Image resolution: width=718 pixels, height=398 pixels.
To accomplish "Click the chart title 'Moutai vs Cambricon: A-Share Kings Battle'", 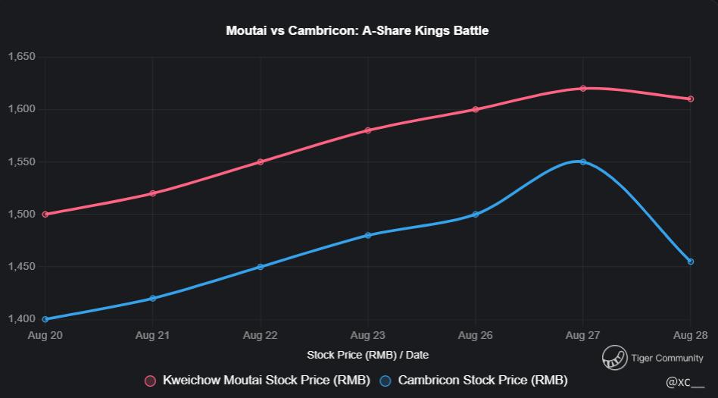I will tap(357, 31).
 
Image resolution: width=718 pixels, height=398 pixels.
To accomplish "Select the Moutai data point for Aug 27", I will tap(583, 89).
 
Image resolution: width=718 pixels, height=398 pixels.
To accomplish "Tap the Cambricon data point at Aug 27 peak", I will tap(583, 161).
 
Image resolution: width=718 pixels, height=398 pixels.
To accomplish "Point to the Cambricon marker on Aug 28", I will tap(691, 262).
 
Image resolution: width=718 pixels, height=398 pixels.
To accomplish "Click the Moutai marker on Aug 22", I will tap(261, 161).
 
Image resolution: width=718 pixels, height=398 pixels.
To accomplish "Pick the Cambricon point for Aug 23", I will tap(368, 235).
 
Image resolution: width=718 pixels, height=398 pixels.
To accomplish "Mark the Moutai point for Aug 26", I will tap(476, 109).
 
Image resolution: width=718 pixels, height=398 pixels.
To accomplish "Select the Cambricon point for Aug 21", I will tap(153, 298).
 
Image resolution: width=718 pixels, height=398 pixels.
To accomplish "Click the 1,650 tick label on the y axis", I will tap(22, 57).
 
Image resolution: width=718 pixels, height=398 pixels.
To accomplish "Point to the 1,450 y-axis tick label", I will tap(22, 267).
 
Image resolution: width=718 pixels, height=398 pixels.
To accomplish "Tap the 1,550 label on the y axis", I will tap(22, 162).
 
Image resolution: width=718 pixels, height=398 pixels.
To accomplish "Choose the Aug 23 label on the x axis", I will tap(368, 335).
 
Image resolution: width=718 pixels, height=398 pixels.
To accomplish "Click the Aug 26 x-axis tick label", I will tap(476, 335).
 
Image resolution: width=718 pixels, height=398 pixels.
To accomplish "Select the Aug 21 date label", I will tap(153, 335).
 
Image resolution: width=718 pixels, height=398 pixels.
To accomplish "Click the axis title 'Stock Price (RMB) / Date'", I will tap(367, 355).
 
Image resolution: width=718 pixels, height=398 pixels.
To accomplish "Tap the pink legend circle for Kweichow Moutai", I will tap(150, 381).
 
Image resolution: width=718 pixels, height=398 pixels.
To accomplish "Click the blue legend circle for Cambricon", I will tap(386, 381).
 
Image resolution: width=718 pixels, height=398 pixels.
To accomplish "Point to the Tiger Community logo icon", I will tap(614, 358).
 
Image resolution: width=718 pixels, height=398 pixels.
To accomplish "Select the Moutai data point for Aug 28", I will tap(691, 99).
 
